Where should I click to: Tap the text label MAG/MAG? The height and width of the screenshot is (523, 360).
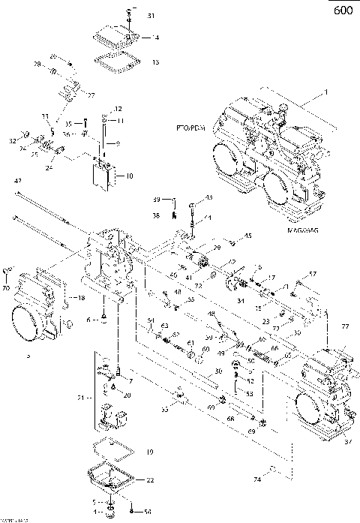coord(303,232)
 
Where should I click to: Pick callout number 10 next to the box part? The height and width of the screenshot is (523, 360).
coord(129,176)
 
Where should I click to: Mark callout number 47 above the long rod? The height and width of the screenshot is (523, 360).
coord(17,182)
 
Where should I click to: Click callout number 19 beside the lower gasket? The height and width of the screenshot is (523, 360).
coord(150,452)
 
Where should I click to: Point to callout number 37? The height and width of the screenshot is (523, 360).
coord(347,442)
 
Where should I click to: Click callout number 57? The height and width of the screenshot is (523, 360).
coord(313,273)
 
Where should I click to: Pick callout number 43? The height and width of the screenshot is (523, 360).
coord(208,197)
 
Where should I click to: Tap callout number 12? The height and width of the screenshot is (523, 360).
coord(118,110)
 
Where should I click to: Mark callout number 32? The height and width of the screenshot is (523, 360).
coord(13,141)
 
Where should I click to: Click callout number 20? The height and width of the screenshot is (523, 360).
coord(127,395)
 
